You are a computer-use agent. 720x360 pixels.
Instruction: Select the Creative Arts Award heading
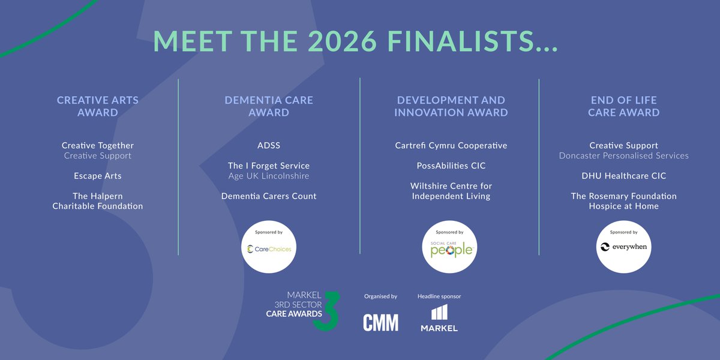click(98, 106)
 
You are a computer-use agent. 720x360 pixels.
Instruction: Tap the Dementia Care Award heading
click(269, 106)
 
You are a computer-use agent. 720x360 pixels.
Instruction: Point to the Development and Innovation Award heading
click(451, 106)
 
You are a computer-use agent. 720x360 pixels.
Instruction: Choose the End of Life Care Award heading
click(623, 106)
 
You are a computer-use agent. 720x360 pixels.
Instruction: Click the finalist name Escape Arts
click(98, 176)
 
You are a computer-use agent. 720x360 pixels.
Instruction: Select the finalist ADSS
click(269, 146)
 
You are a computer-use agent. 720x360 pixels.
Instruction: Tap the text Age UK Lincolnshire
click(269, 176)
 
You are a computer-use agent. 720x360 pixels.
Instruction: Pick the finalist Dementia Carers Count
click(269, 196)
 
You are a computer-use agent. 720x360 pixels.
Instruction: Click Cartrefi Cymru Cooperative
click(451, 146)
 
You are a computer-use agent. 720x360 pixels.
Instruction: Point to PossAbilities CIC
click(451, 166)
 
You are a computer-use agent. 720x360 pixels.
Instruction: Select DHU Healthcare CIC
click(623, 176)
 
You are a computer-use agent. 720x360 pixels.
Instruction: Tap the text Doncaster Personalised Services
click(623, 156)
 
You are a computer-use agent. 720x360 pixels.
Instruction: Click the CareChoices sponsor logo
click(268, 247)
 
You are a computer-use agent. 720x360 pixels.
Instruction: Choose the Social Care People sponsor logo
click(451, 247)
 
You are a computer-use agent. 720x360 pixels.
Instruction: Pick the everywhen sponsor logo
click(623, 247)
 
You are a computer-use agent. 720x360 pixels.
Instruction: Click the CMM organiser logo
click(380, 323)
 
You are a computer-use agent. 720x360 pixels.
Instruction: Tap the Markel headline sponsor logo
click(439, 319)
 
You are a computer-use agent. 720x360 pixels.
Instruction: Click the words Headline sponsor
click(439, 296)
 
